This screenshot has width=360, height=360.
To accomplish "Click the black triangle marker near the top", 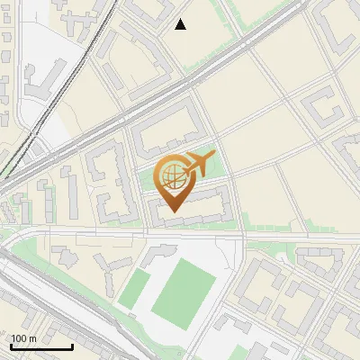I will [x=181, y=24].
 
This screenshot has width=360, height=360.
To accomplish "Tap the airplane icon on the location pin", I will [x=199, y=165].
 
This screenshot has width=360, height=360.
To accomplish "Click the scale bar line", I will [x=41, y=347].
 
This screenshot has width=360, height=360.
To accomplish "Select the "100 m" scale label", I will [x=24, y=338].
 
